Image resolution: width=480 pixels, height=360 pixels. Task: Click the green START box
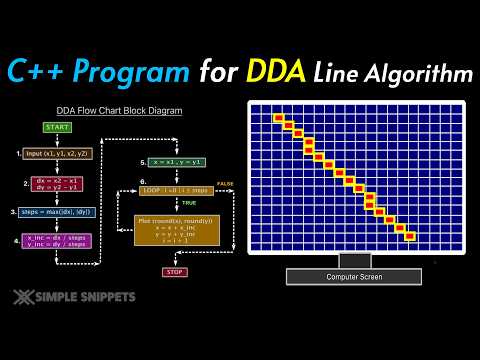(55, 127)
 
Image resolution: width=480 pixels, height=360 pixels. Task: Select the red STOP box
(175, 271)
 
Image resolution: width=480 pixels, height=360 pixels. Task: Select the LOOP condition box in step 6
(176, 190)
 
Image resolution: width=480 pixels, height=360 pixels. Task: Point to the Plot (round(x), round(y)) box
(175, 230)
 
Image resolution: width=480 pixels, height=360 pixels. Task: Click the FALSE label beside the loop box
(225, 183)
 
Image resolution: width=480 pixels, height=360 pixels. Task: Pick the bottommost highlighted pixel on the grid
(409, 237)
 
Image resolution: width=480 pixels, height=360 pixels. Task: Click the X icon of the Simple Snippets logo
(24, 297)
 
